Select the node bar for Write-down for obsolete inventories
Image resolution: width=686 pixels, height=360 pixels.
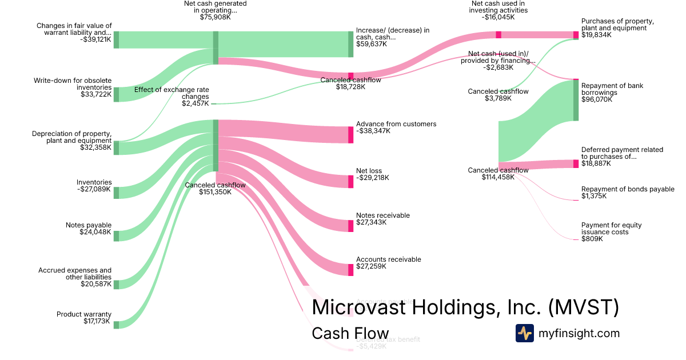pyautogui.click(x=116, y=94)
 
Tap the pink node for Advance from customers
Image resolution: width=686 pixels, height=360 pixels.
pyautogui.click(x=351, y=135)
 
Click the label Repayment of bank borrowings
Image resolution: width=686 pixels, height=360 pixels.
pyautogui.click(x=612, y=89)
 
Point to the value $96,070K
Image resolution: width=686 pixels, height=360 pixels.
pyautogui.click(x=597, y=99)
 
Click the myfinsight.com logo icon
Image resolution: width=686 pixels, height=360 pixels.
pyautogui.click(x=524, y=333)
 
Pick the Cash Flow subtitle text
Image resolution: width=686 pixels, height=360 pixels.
pyautogui.click(x=350, y=334)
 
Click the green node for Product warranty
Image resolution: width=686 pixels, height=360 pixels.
pyautogui.click(x=116, y=325)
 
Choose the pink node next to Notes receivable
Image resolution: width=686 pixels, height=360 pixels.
pyautogui.click(x=351, y=225)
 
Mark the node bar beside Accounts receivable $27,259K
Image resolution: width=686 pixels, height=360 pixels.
pyautogui.click(x=351, y=270)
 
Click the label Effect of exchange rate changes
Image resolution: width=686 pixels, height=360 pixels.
pyautogui.click(x=171, y=93)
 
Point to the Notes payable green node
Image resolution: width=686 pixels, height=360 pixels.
pyautogui.click(x=116, y=236)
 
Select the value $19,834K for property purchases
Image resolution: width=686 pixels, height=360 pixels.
pyautogui.click(x=596, y=35)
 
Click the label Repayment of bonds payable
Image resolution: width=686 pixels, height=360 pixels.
pyautogui.click(x=628, y=189)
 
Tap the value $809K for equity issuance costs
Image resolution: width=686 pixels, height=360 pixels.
pyautogui.click(x=592, y=239)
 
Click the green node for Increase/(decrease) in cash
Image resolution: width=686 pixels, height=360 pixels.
pyautogui.click(x=351, y=44)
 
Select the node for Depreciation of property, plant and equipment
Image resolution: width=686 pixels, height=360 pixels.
pyautogui.click(x=116, y=147)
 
